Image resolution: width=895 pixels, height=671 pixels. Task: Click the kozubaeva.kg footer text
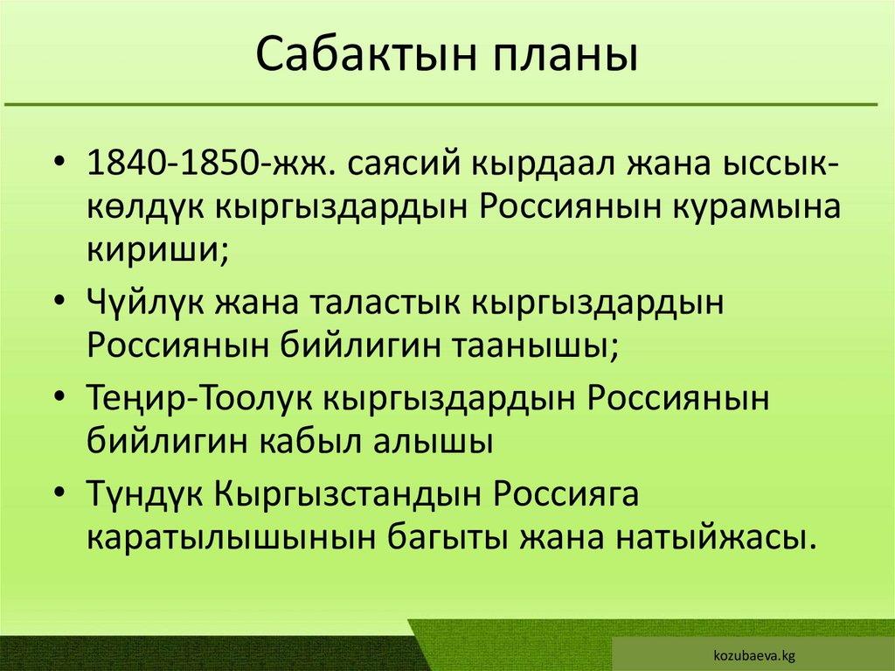(x=753, y=654)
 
